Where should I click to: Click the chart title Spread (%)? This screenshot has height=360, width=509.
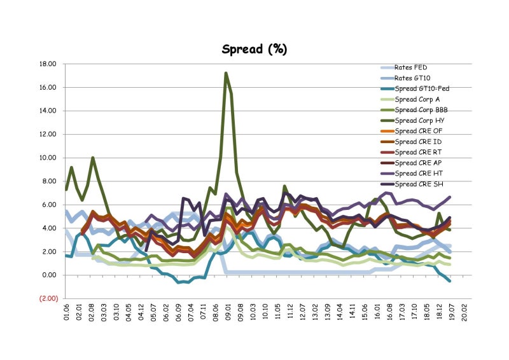click(254, 49)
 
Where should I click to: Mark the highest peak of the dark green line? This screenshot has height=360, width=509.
click(226, 73)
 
